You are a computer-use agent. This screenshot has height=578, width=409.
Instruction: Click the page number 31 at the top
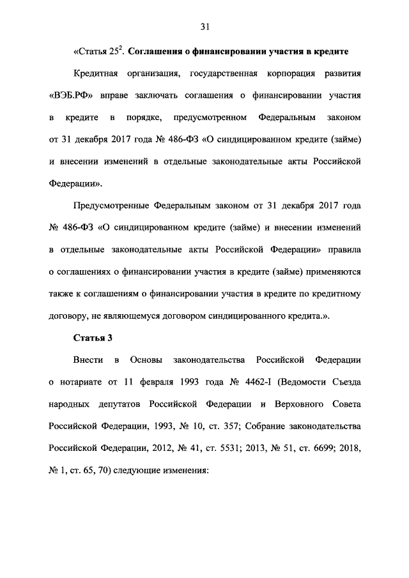pos(204,26)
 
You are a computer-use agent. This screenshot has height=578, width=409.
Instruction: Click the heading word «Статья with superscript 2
pos(94,51)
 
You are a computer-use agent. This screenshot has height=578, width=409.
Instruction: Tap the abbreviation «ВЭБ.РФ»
pos(70,96)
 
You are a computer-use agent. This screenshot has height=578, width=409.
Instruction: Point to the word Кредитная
pos(96,73)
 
